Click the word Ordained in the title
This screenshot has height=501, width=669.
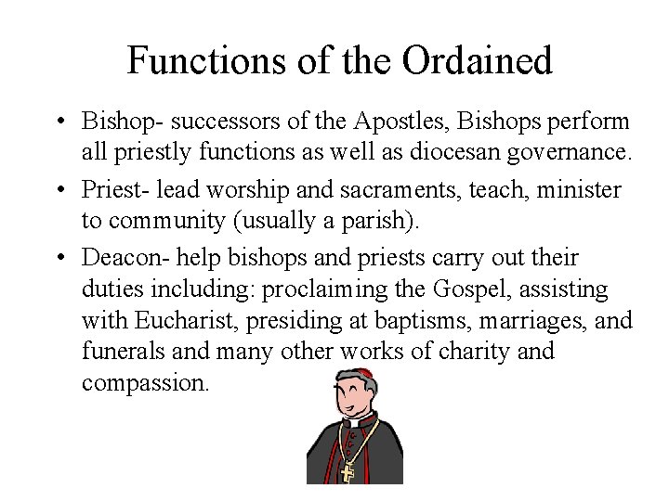[x=478, y=61]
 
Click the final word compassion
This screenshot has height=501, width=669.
[x=144, y=382]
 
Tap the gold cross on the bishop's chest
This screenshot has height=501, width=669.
[x=348, y=472]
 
